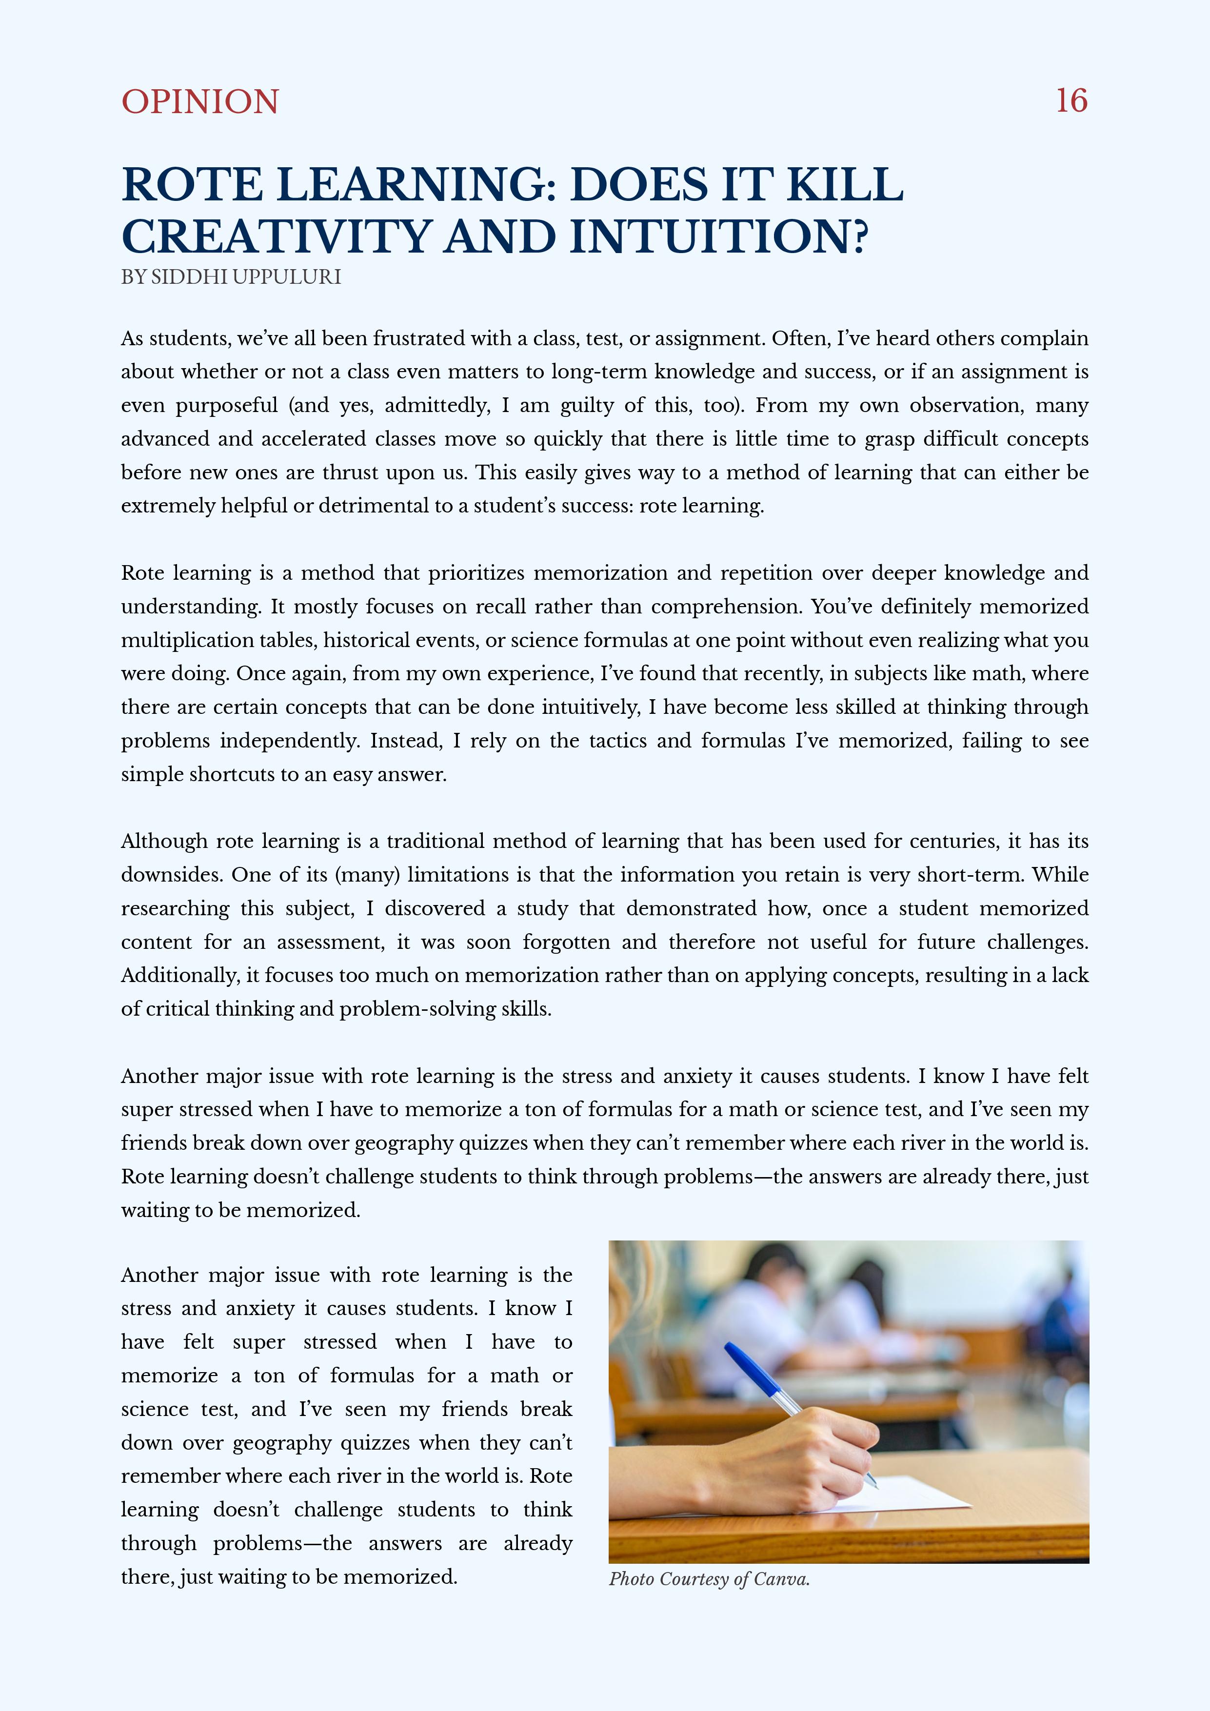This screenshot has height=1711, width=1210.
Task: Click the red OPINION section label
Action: pos(200,102)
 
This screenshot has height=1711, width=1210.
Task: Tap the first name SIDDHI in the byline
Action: pos(188,277)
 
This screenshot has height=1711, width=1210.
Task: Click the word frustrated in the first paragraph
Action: pos(420,338)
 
